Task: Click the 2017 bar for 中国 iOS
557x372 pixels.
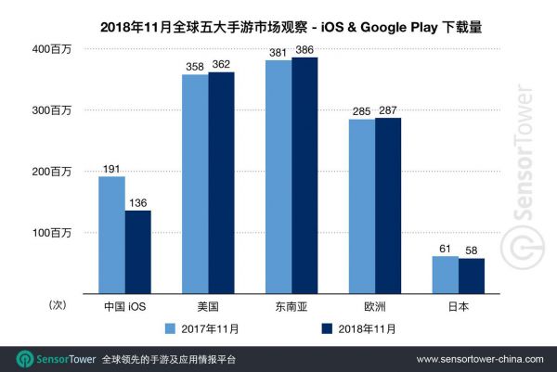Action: pos(111,235)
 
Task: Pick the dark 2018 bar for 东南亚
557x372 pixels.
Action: pos(304,175)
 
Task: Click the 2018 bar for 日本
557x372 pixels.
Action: pos(472,276)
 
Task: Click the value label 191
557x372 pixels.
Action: pos(111,170)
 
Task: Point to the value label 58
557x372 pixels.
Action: pos(472,251)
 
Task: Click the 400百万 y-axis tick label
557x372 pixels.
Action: pos(55,48)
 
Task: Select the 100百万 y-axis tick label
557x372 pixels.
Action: pos(55,232)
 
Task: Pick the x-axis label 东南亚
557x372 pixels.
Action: pos(291,305)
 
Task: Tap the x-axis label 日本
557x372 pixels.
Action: pos(458,305)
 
